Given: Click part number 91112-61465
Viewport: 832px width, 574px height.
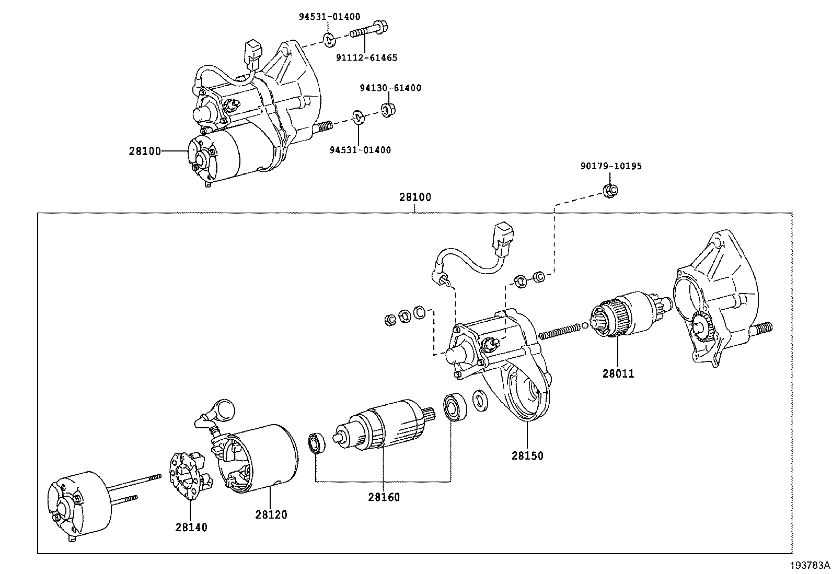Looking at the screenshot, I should [x=366, y=58].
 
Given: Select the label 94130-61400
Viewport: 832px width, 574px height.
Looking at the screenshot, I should [x=390, y=88].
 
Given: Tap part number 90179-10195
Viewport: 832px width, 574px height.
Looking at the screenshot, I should [x=611, y=166].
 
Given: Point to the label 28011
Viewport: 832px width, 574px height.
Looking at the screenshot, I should [x=618, y=374].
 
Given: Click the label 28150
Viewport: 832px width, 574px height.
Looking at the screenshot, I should [x=527, y=455].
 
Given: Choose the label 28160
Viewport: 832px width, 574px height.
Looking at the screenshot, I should [x=384, y=497].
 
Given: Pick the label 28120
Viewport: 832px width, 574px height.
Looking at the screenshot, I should [x=271, y=514].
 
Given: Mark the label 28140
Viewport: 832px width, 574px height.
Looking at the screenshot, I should [x=191, y=528].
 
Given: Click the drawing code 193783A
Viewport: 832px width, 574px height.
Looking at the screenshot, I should [x=810, y=565].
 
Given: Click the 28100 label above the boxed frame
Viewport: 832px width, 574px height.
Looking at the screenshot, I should [x=415, y=197].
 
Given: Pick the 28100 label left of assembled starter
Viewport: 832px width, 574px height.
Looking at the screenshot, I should [x=145, y=151].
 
